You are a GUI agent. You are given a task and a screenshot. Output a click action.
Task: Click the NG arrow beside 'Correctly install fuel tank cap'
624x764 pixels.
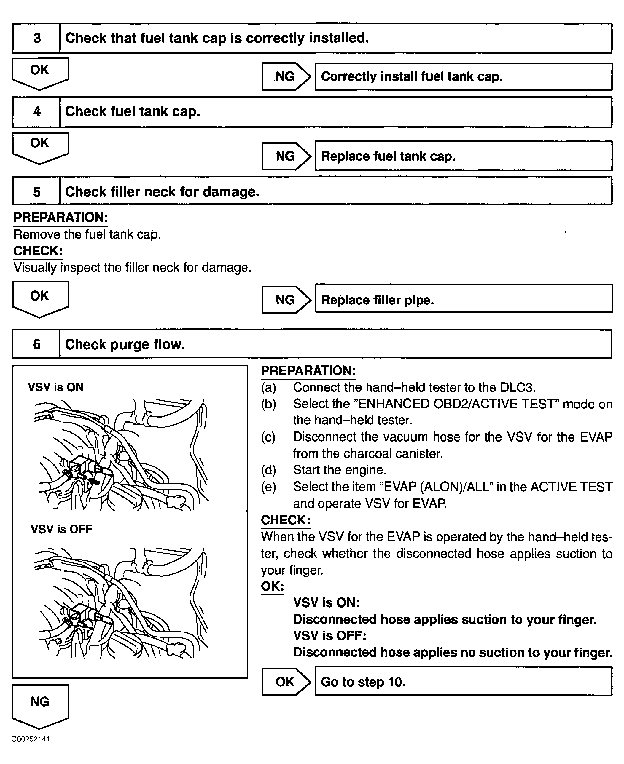pos(286,76)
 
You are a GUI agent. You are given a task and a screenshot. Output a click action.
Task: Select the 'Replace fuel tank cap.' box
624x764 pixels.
pos(463,156)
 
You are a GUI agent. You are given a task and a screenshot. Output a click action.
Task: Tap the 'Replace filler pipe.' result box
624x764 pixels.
pos(463,300)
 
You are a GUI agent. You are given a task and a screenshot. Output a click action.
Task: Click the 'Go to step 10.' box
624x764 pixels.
pos(463,682)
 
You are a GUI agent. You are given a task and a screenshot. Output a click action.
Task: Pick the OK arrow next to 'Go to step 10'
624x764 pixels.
pos(286,682)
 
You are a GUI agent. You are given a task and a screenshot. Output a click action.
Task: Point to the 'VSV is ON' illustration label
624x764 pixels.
pos(56,387)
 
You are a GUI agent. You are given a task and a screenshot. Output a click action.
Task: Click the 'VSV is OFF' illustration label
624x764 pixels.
pos(61,529)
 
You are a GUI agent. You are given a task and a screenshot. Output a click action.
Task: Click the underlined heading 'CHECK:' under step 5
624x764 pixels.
pos(38,251)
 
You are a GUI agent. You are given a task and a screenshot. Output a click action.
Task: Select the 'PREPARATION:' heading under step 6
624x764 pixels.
pos(308,371)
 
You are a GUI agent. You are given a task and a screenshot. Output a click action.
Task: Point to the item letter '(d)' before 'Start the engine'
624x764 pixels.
pos(268,470)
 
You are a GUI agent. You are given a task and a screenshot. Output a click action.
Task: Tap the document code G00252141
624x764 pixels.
pos(31,739)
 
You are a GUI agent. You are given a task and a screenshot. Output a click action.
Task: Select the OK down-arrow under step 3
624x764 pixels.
pos(40,72)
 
